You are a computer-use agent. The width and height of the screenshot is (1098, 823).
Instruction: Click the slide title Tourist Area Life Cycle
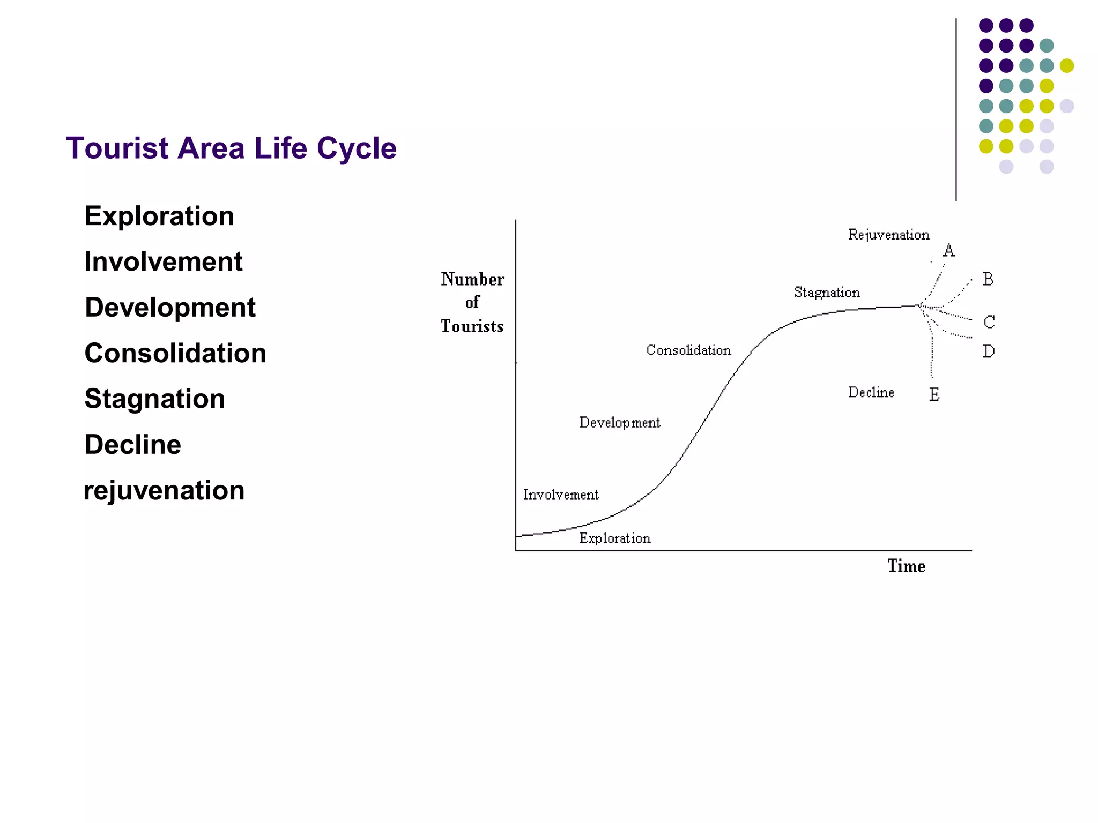click(x=231, y=148)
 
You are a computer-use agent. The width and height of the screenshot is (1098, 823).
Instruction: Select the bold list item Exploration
click(x=159, y=216)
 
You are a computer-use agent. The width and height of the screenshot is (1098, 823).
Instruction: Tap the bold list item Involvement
click(x=164, y=261)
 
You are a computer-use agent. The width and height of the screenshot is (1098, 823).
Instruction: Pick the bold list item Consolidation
click(x=175, y=353)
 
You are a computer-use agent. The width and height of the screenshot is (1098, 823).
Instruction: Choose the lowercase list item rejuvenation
click(x=164, y=490)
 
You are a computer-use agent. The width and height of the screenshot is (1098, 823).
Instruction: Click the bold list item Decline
click(x=133, y=445)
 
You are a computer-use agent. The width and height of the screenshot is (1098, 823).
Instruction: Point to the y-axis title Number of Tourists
click(x=472, y=303)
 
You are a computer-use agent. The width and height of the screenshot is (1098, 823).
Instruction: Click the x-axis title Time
click(x=906, y=566)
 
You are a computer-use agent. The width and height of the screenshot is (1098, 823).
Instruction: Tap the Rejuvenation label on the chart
click(x=888, y=235)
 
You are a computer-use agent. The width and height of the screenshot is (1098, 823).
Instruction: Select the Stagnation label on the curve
click(x=827, y=293)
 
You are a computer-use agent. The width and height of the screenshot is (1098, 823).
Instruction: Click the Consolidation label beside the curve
click(x=688, y=350)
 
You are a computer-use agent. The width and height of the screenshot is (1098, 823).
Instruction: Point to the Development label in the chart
click(x=620, y=423)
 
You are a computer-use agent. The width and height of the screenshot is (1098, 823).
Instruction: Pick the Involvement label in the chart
click(x=561, y=495)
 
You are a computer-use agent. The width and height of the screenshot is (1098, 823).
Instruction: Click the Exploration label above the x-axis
click(x=615, y=538)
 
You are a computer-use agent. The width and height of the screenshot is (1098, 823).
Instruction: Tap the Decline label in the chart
click(x=871, y=393)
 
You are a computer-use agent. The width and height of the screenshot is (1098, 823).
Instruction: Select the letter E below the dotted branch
click(x=934, y=395)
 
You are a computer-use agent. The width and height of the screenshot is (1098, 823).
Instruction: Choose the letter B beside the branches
click(x=988, y=279)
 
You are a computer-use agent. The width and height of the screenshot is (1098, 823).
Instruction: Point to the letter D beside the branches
click(x=989, y=351)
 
